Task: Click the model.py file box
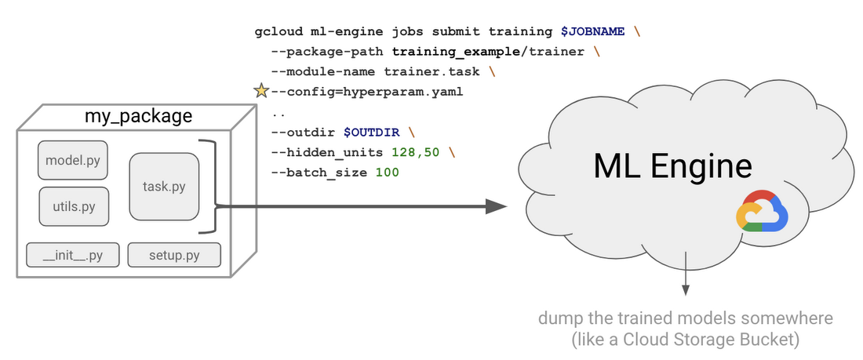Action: (74, 161)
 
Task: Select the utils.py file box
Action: (74, 207)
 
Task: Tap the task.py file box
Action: (164, 187)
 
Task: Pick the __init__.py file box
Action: (72, 256)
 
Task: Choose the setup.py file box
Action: (174, 256)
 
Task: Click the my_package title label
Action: (138, 117)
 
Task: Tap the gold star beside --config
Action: (261, 92)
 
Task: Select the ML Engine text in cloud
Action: (672, 166)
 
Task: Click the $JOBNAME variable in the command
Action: (593, 32)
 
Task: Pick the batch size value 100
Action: (387, 172)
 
